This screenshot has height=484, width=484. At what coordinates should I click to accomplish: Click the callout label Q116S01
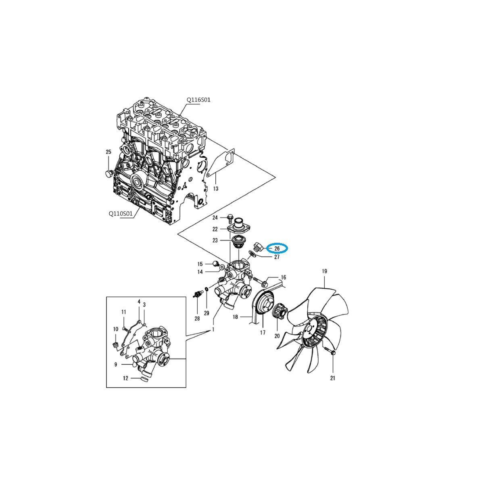tap(198, 100)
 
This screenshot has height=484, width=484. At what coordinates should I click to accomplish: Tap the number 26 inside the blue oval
tap(277, 249)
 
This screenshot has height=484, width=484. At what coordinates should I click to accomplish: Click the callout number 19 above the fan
tap(324, 271)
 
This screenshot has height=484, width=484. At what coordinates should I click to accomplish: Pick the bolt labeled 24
tap(230, 218)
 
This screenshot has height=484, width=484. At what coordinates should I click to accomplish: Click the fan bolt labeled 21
tap(333, 354)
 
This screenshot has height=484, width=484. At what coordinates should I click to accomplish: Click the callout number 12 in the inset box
tap(125, 378)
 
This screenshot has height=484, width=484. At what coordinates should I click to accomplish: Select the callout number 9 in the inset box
tap(116, 365)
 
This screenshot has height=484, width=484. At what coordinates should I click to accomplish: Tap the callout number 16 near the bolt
tap(283, 277)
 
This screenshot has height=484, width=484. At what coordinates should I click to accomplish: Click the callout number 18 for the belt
tap(235, 317)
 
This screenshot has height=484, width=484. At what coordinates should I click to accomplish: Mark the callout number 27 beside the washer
tap(277, 257)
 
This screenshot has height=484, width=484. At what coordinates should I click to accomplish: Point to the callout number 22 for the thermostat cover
tap(215, 229)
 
